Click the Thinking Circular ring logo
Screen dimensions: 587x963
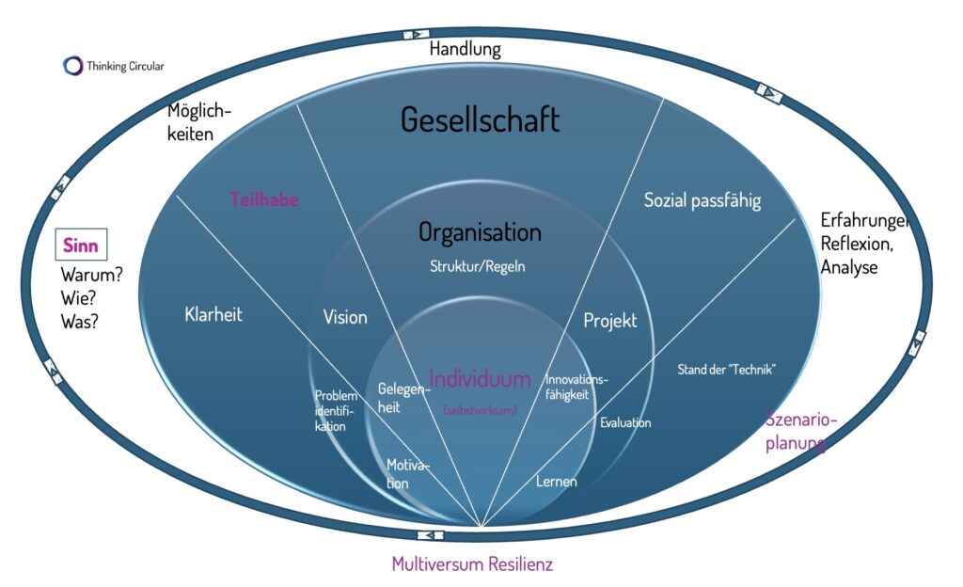[x=72, y=66]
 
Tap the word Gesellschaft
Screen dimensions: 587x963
[x=480, y=119]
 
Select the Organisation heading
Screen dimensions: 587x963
[x=480, y=231]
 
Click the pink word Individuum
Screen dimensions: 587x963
[x=480, y=378]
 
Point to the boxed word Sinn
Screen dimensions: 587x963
[x=81, y=246]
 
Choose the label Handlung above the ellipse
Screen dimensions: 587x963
[x=465, y=49]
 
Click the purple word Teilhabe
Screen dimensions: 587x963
[x=264, y=199]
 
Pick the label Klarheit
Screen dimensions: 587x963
[x=213, y=315]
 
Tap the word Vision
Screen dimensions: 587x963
[x=345, y=317]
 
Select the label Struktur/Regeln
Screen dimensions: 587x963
[x=477, y=266]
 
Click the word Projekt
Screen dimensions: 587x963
[x=610, y=320]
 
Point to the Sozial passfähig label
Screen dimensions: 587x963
[x=703, y=199]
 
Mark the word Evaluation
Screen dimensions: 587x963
[x=625, y=422]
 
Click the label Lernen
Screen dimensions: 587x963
[x=556, y=482]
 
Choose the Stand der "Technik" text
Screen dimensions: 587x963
[x=725, y=370]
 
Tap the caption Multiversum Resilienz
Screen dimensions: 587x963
[x=472, y=564]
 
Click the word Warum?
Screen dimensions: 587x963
[x=92, y=278]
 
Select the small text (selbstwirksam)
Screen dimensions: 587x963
[x=480, y=409]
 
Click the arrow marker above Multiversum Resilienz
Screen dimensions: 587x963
[x=429, y=535]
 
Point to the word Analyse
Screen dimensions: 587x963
[x=849, y=267]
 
